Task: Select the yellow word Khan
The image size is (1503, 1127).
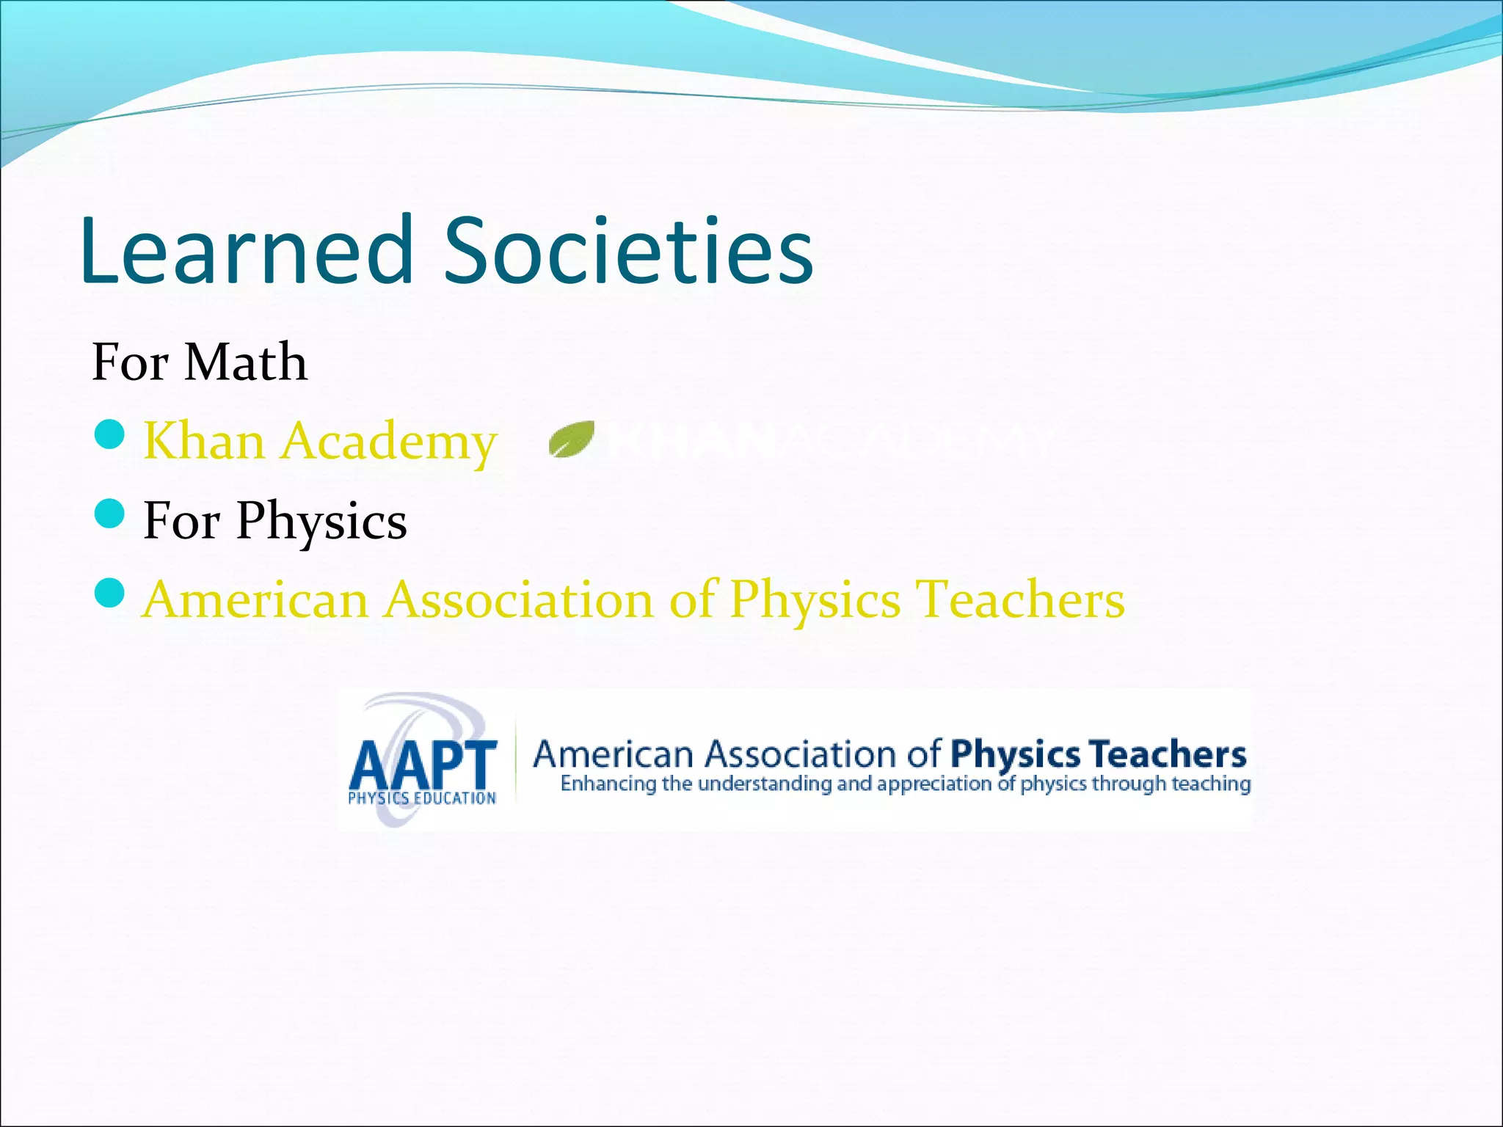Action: pyautogui.click(x=203, y=441)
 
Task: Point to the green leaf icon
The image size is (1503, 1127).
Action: pyautogui.click(x=572, y=439)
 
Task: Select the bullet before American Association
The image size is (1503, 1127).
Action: pyautogui.click(x=110, y=593)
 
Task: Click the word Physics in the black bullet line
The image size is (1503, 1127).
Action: pyautogui.click(x=321, y=522)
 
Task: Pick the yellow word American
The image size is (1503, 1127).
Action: pyautogui.click(x=255, y=599)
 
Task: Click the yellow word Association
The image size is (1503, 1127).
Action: pyautogui.click(x=518, y=599)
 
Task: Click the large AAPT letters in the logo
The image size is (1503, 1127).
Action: pyautogui.click(x=423, y=764)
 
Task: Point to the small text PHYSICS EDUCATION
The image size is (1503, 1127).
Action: pyautogui.click(x=422, y=798)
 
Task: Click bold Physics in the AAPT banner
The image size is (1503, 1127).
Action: pyautogui.click(x=1015, y=754)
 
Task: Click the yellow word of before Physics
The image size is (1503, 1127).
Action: pyautogui.click(x=691, y=599)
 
